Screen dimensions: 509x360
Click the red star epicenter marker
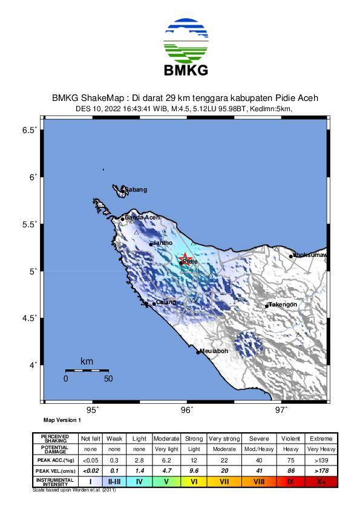click(x=186, y=259)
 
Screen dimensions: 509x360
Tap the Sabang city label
click(x=136, y=190)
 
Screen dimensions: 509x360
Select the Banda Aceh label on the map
click(x=142, y=218)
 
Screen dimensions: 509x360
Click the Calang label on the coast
click(x=166, y=302)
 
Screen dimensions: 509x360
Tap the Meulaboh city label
click(x=214, y=351)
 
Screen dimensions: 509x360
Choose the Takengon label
click(x=283, y=305)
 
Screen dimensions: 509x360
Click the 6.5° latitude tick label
click(x=30, y=130)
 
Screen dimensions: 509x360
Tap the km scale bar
click(x=87, y=370)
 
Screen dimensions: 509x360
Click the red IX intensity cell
click(x=290, y=482)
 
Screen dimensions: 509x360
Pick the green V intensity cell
click(x=166, y=482)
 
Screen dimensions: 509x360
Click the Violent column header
click(x=290, y=438)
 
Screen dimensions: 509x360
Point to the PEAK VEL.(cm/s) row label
click(x=55, y=470)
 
